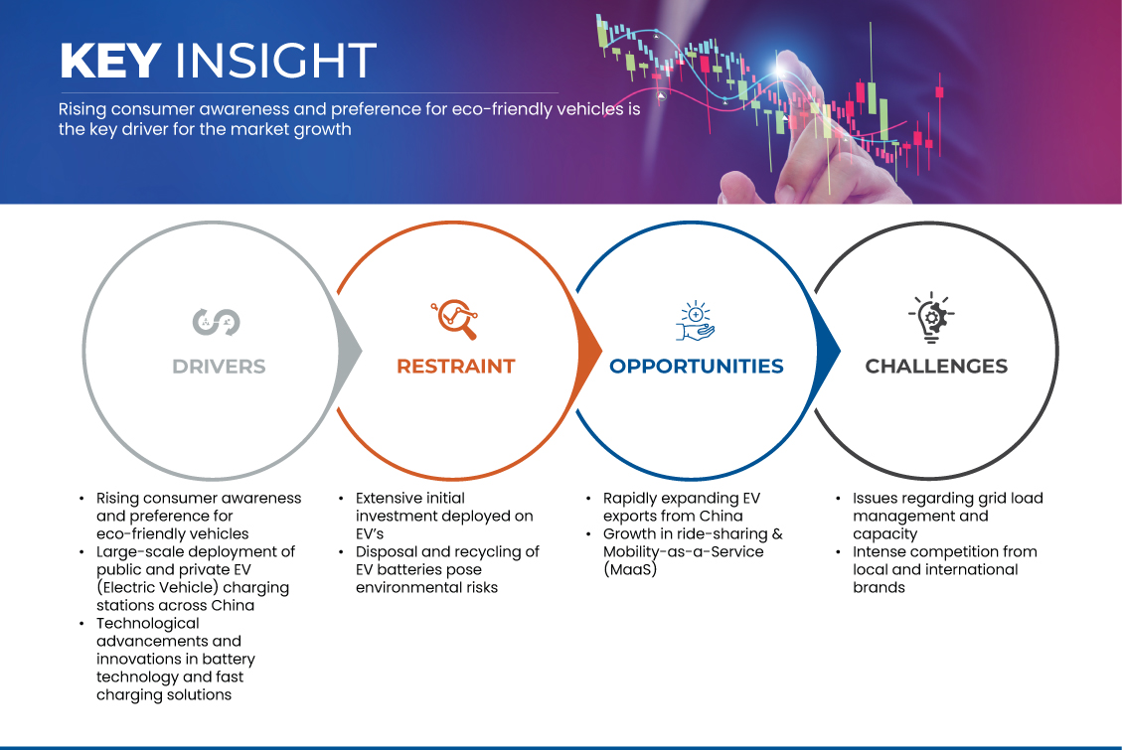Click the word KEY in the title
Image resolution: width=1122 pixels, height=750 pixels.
pos(109,62)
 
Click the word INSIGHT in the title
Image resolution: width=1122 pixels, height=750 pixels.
pos(275,62)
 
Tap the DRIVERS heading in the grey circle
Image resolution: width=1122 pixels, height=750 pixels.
pos(219,367)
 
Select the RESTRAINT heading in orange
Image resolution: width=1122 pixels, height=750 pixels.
pos(456,367)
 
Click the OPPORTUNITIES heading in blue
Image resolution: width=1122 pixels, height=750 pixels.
pos(696,367)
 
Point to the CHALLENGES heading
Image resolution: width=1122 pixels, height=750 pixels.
pos(936,367)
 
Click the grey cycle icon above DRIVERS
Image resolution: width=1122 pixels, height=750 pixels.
pos(217,321)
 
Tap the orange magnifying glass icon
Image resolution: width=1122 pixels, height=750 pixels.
pos(455,319)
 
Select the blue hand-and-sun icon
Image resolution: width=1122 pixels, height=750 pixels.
pos(696,320)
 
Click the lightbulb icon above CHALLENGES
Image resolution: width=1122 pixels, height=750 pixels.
pos(931,318)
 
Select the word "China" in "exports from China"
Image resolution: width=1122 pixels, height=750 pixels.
pos(719,516)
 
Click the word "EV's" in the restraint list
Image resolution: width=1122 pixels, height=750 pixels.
pos(370,533)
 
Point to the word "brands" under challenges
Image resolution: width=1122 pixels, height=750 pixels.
pos(879,587)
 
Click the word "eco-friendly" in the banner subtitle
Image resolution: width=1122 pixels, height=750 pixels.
pos(475,109)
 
